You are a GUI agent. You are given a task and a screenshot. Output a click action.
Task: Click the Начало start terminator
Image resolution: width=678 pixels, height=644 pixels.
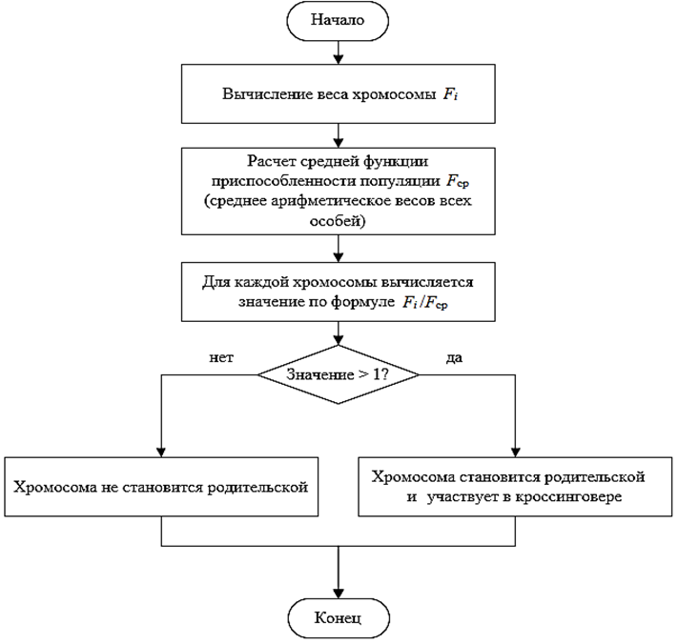point(338,21)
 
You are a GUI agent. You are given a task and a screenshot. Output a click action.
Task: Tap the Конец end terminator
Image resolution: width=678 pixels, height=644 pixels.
point(338,618)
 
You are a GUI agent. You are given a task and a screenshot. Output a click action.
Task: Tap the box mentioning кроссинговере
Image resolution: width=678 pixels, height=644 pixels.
point(514,486)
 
